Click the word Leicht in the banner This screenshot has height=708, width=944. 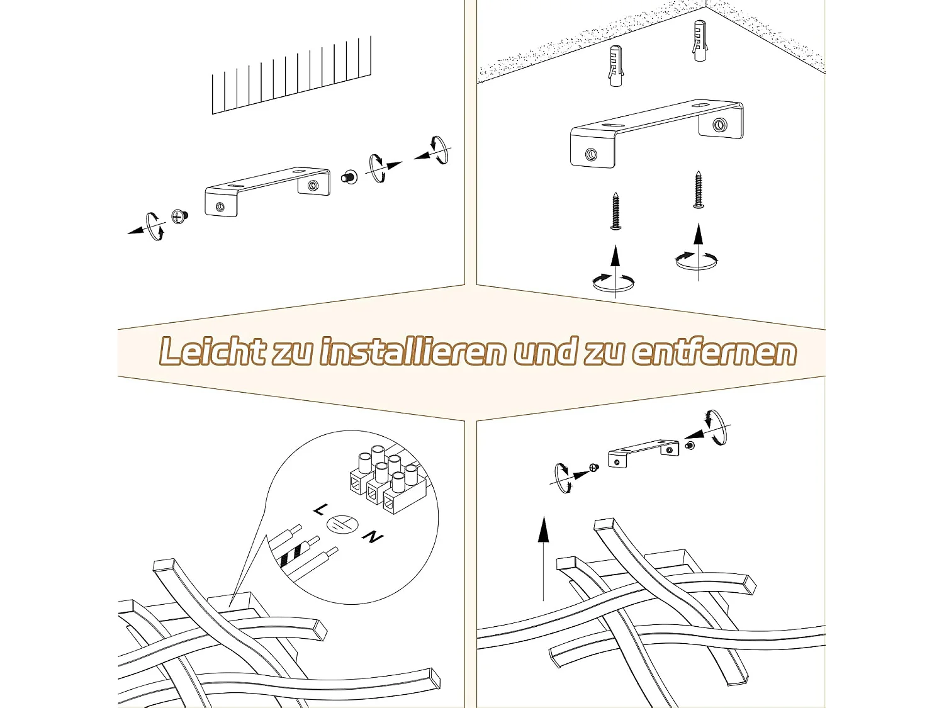coord(212,351)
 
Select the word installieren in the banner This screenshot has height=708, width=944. coord(413,351)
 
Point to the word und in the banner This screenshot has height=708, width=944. coord(545,351)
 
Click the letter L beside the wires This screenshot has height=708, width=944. coord(320,509)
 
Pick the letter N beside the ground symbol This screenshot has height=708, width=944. coord(373,537)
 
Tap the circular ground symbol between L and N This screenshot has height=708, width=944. coord(342,524)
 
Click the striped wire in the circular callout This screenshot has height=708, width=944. coord(290,554)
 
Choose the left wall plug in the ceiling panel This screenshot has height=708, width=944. coord(615,65)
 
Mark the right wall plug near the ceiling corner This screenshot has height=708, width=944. coord(699,40)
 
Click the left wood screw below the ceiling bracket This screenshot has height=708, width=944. coord(615,211)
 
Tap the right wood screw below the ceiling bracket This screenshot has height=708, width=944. coord(698,189)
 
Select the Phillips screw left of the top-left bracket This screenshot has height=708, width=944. coord(179,217)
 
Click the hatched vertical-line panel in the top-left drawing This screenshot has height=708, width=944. coord(291,76)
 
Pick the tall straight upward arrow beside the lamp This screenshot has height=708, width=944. coord(543,558)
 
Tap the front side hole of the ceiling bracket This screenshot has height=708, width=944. coord(591,154)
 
